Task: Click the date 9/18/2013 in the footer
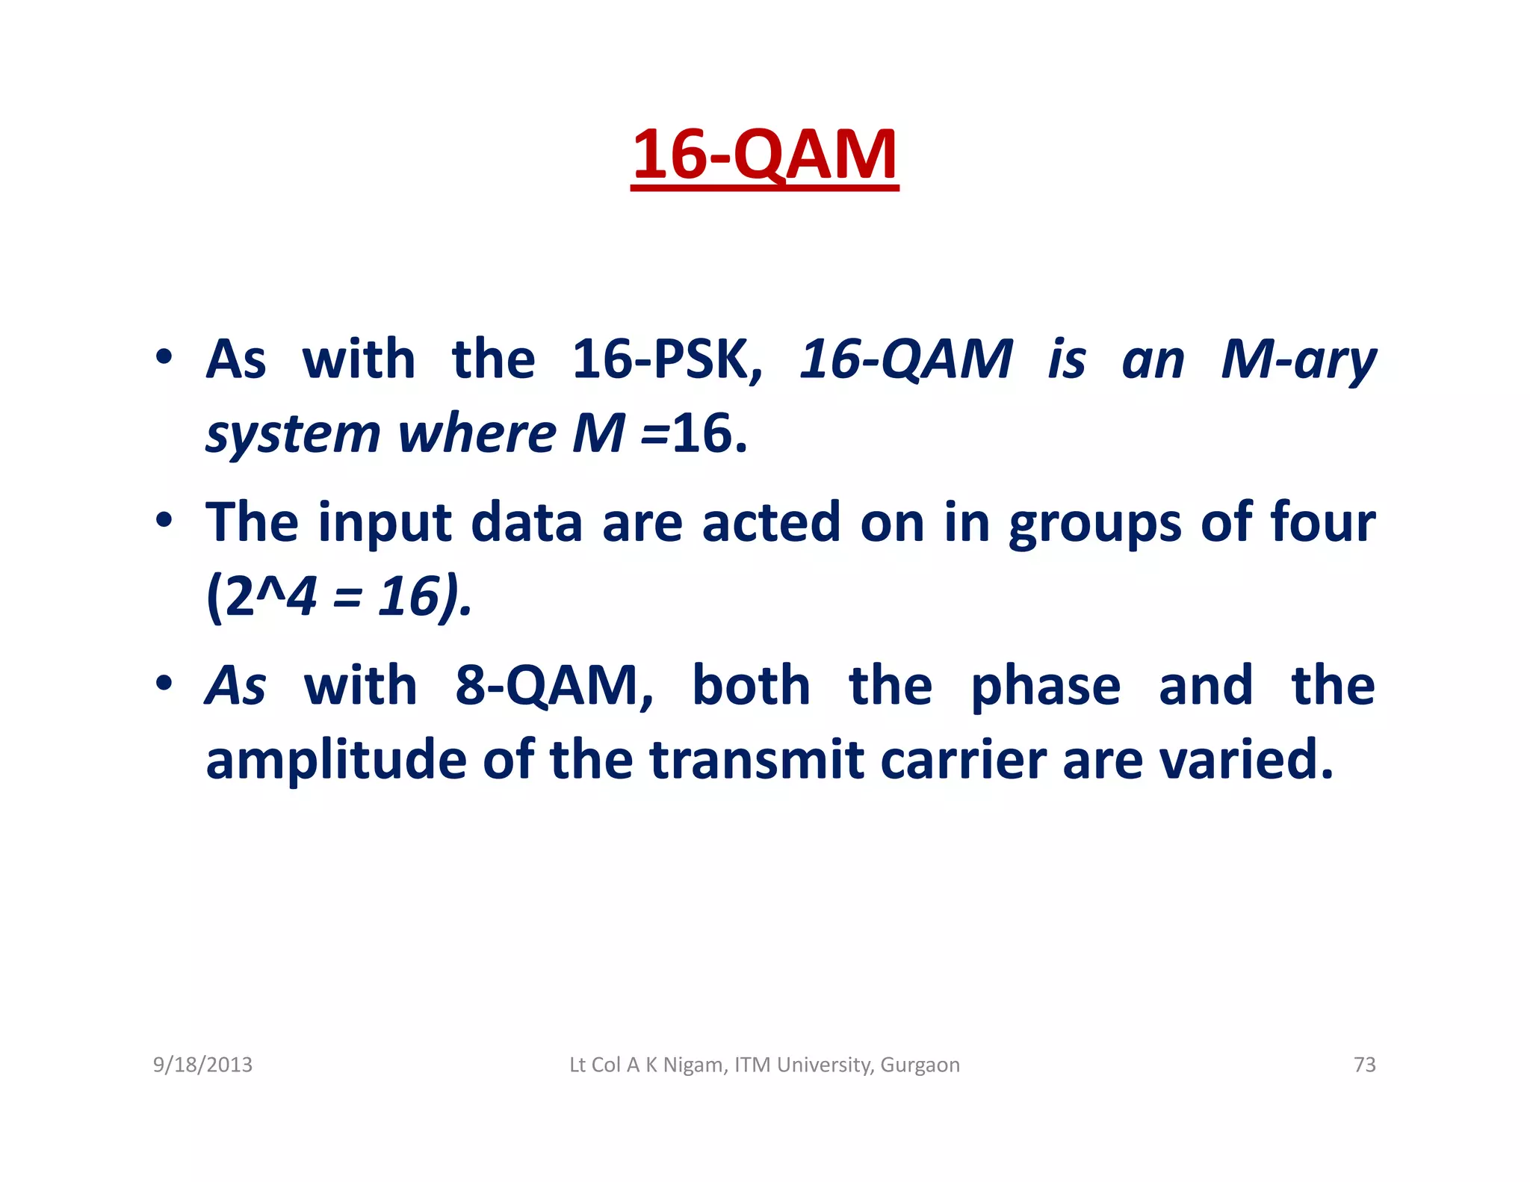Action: click(x=202, y=1065)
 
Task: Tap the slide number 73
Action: click(x=1364, y=1065)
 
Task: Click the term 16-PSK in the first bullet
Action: click(x=667, y=359)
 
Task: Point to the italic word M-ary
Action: click(x=1298, y=359)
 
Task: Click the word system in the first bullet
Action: click(x=293, y=434)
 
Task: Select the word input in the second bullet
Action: click(x=385, y=522)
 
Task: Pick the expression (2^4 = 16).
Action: click(x=339, y=597)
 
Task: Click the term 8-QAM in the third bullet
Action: click(x=554, y=685)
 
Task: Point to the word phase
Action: click(x=1045, y=685)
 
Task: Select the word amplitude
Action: click(x=335, y=760)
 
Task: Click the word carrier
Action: click(x=963, y=760)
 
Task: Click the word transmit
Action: click(x=757, y=760)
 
